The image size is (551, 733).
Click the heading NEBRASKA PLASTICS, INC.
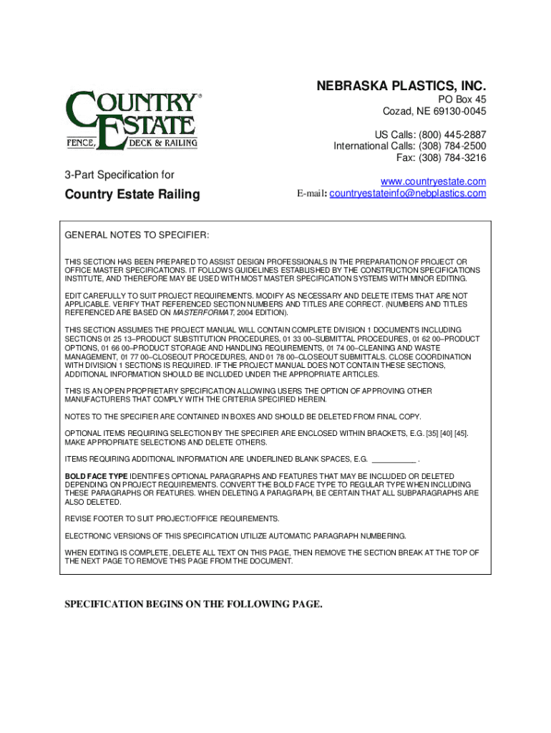point(401,87)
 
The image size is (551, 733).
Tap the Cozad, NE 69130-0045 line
point(434,112)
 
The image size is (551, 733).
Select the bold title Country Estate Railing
point(132,195)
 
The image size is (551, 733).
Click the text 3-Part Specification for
point(120,175)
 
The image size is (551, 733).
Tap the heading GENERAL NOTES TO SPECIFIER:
point(137,236)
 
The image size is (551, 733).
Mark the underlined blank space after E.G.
point(394,459)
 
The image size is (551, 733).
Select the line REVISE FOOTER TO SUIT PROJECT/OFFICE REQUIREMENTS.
point(172,518)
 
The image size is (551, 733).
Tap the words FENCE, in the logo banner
point(81,142)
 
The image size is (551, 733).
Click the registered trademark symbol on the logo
point(200,94)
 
